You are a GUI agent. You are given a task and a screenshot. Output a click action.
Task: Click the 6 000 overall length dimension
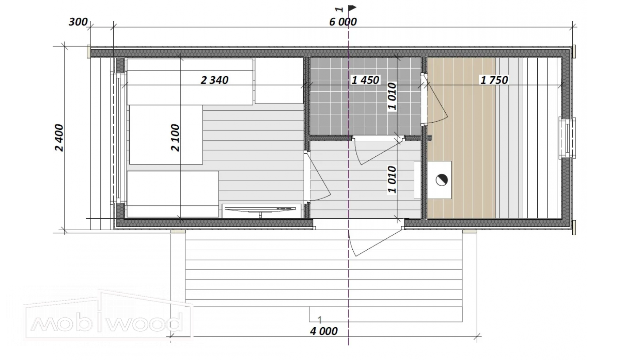pyautogui.click(x=343, y=22)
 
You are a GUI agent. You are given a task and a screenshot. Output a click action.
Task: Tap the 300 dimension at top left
pyautogui.click(x=78, y=22)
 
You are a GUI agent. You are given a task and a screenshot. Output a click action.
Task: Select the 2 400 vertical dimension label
pyautogui.click(x=59, y=138)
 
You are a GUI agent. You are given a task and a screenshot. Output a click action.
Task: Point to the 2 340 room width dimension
pyautogui.click(x=214, y=80)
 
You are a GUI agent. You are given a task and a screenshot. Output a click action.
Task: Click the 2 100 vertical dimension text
pyautogui.click(x=175, y=138)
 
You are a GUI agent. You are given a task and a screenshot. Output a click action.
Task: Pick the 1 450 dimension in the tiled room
pyautogui.click(x=365, y=80)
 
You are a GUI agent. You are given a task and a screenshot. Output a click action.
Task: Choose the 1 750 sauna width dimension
pyautogui.click(x=494, y=80)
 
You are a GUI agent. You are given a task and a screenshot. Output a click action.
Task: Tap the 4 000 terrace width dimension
pyautogui.click(x=324, y=331)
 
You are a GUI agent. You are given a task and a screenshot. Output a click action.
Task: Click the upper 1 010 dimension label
pyautogui.click(x=392, y=97)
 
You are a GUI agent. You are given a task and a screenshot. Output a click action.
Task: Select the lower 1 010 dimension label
pyautogui.click(x=392, y=180)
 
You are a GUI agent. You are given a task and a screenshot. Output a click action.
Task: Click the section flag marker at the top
pyautogui.click(x=352, y=8)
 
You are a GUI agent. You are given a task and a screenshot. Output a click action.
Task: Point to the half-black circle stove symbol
pyautogui.click(x=442, y=180)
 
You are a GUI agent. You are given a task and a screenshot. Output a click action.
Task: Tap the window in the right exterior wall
pyautogui.click(x=567, y=138)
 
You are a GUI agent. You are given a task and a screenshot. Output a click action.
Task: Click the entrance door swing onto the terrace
pyautogui.click(x=374, y=243)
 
